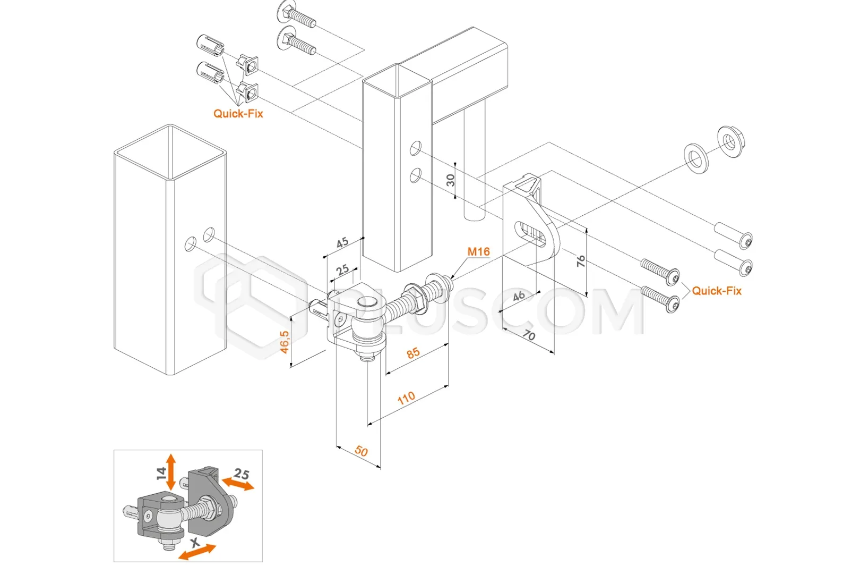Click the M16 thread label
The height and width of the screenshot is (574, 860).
click(478, 252)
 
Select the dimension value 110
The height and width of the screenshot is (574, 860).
click(406, 398)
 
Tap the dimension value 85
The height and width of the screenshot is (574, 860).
click(413, 353)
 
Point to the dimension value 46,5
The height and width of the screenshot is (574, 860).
click(285, 342)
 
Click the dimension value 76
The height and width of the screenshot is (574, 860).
click(581, 261)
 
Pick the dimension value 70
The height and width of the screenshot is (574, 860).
click(529, 335)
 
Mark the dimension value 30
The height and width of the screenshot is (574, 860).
click(451, 180)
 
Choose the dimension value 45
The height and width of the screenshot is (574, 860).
click(342, 242)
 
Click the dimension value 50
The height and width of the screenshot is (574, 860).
click(361, 451)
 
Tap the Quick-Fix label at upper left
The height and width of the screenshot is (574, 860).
click(238, 114)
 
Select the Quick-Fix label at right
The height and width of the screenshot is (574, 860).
click(717, 291)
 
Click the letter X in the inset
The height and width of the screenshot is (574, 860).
click(195, 543)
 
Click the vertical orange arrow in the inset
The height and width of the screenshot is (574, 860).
click(170, 472)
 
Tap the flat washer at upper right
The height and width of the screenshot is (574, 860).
click(696, 158)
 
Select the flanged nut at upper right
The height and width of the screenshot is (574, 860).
click(731, 141)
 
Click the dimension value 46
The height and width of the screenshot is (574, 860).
click(519, 296)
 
